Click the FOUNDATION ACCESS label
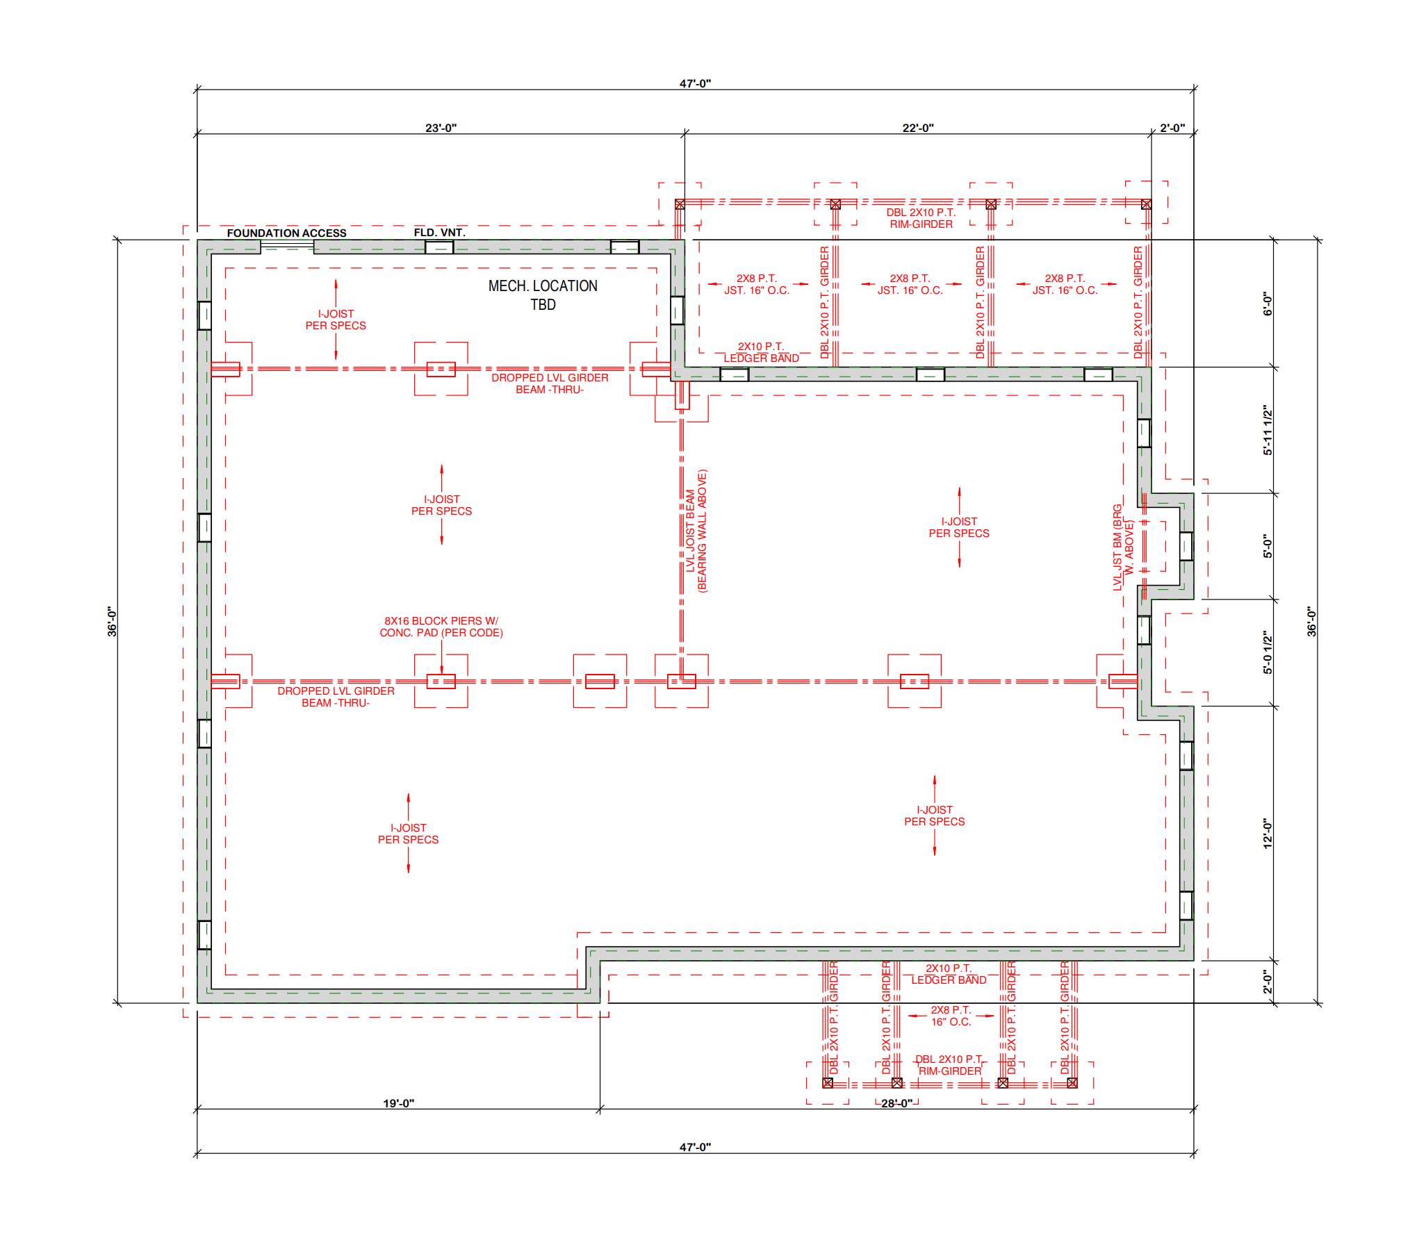coord(286,233)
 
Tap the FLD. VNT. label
coord(439,232)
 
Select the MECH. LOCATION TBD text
coord(543,295)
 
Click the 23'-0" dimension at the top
coord(441,128)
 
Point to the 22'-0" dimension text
coord(918,128)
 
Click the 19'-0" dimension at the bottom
coord(398,1103)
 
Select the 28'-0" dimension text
coord(896,1103)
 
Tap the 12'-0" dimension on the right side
coord(1268,833)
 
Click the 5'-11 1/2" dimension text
coord(1268,431)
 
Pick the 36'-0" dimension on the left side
coord(112,621)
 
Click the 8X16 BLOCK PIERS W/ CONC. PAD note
coord(441,627)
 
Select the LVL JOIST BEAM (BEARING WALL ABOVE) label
coord(696,531)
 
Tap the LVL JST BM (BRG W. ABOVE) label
coord(1123,547)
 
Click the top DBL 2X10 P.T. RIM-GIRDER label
coord(921,218)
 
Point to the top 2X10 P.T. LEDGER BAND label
coord(761,352)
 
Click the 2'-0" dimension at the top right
coord(1172,128)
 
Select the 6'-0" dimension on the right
coord(1268,304)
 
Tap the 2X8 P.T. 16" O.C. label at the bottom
coord(951,1016)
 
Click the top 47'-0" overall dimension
coord(695,83)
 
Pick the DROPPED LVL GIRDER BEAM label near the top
coord(550,383)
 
